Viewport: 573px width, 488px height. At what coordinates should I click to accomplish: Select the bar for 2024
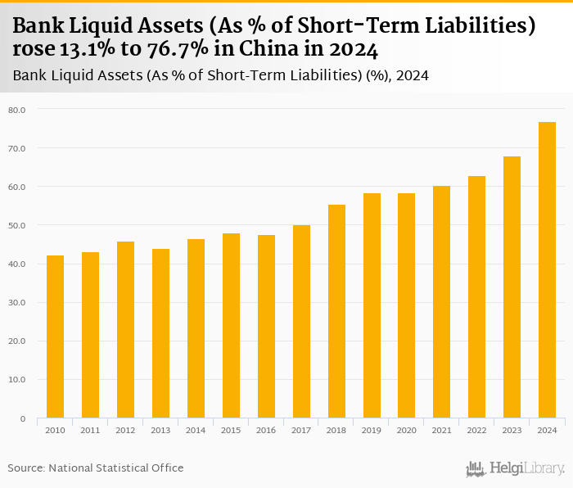click(547, 270)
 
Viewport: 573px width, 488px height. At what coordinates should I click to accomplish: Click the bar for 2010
click(55, 337)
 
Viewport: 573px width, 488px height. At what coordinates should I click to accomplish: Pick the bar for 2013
click(160, 333)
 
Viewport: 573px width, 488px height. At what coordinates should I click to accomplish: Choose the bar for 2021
click(442, 302)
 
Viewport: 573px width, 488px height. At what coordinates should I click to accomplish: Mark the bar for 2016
click(266, 327)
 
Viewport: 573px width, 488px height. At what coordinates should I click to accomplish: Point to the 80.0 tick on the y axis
click(17, 110)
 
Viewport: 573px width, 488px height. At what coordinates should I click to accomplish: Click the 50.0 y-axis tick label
click(17, 225)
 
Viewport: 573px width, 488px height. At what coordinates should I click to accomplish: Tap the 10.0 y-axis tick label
click(17, 380)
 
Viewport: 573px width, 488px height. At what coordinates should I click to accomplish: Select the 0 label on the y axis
click(22, 418)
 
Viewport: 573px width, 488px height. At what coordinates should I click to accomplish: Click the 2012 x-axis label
click(125, 430)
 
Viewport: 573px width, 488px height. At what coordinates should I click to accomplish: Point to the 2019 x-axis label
click(372, 430)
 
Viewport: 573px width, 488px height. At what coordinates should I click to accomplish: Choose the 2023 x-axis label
click(512, 430)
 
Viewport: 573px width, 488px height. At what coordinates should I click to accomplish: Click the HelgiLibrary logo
click(516, 468)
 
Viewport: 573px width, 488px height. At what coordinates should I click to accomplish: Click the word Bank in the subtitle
click(29, 75)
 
